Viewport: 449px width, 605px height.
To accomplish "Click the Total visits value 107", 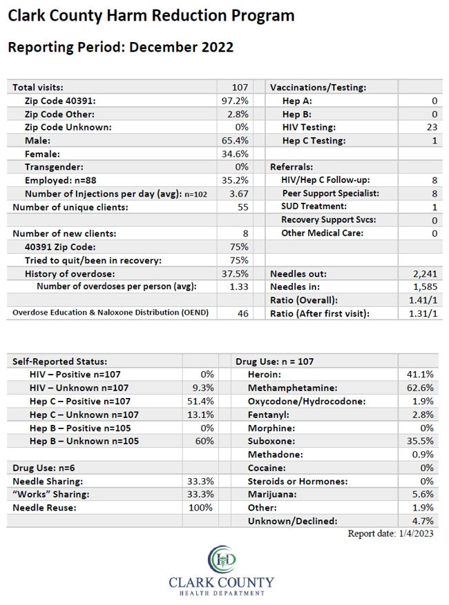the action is point(240,87).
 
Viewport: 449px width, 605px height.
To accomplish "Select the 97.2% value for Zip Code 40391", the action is point(235,101).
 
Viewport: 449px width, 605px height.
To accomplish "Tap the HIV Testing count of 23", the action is point(432,128).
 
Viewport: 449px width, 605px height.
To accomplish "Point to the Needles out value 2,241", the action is point(425,274).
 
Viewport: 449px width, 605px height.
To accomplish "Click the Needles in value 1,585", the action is point(425,287).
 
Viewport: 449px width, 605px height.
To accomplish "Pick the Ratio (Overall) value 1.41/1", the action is point(423,300).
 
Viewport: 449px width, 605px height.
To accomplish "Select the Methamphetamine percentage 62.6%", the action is point(421,388).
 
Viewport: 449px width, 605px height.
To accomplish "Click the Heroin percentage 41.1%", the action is point(421,375).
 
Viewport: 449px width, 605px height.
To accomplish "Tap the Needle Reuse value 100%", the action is point(200,508).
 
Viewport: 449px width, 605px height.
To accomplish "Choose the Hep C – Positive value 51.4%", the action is point(200,401).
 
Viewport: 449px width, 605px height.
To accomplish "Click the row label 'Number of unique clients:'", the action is point(70,207).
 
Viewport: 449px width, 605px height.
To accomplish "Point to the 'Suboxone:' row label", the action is point(271,441).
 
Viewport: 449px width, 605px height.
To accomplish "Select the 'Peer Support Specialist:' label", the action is point(331,193).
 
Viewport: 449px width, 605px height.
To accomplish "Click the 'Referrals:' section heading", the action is point(292,167).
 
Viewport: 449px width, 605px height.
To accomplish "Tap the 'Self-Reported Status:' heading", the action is point(60,361).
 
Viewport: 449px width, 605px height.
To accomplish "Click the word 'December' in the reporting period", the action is point(159,47).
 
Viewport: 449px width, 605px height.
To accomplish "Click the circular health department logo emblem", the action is point(222,559).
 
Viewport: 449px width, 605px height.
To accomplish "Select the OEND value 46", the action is point(243,314).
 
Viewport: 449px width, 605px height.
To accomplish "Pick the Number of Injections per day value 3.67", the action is point(239,194).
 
